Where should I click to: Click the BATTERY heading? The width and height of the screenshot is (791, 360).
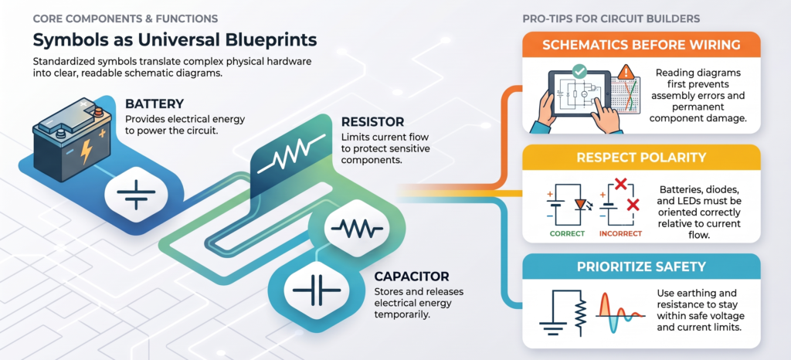coord(154,104)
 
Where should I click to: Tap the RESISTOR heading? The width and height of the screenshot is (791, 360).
coord(372,122)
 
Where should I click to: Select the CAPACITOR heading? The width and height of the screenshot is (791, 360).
coord(412,277)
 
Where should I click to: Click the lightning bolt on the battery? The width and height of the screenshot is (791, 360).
coord(87,151)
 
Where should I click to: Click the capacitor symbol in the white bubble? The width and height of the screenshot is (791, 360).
coord(317,290)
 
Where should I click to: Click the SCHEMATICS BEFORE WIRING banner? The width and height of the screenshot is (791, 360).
coord(640,44)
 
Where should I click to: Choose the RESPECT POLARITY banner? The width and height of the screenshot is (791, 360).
coord(640,158)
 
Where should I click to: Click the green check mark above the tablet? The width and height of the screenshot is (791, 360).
coord(579,72)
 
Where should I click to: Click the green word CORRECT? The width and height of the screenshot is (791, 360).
coord(567,234)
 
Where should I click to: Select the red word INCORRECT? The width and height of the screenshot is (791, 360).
coord(620,234)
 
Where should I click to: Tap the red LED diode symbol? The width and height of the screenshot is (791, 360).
coord(580,204)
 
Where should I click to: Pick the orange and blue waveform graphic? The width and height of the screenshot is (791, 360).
coord(621,313)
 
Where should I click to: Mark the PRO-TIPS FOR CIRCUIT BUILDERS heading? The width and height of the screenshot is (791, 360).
coord(611,19)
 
